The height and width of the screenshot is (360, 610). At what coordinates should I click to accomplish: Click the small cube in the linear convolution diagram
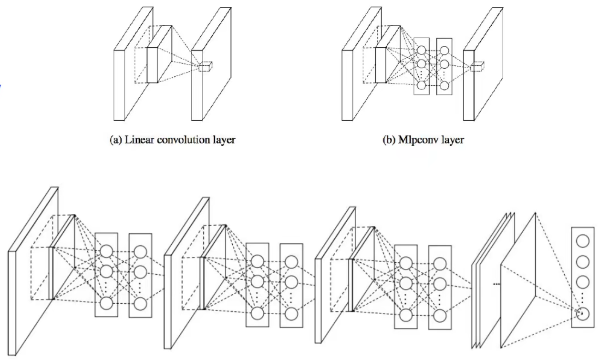pos(205,67)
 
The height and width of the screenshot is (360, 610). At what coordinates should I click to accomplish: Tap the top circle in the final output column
pos(582,241)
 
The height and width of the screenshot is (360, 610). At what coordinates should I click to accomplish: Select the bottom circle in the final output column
pos(582,314)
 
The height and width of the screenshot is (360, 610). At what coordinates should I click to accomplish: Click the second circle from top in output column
pos(582,261)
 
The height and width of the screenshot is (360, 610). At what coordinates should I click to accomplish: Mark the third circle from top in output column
pos(582,281)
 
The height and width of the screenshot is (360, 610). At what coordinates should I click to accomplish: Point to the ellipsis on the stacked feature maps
pos(496,284)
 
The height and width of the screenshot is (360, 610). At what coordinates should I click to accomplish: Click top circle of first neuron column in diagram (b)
pos(421,50)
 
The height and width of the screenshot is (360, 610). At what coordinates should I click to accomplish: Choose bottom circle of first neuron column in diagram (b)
pos(421,85)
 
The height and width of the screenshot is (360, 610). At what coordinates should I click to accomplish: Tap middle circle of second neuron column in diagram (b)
pos(445,64)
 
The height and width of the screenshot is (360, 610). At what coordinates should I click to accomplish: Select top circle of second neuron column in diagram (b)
pos(445,50)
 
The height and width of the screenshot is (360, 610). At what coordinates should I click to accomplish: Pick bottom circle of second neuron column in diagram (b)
pos(445,85)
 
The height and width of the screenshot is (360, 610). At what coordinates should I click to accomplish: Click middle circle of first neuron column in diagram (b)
pos(421,64)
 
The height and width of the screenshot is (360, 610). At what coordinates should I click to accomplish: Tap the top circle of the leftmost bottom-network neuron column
pos(106,251)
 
